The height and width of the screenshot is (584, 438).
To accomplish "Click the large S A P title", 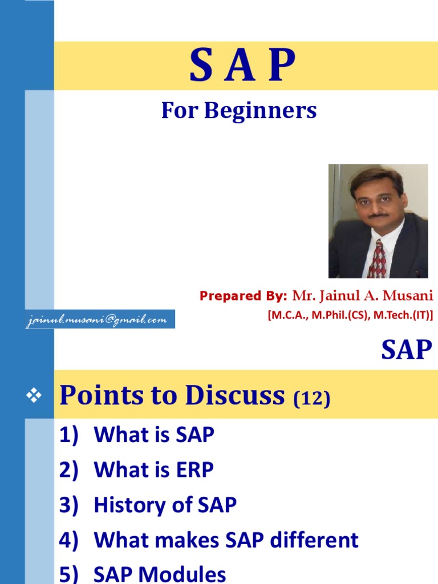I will click(242, 65).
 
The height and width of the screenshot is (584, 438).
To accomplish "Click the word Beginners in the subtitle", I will click(261, 111).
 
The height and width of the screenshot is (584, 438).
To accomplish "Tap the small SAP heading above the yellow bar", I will click(406, 350).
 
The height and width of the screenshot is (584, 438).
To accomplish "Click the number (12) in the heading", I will click(311, 399).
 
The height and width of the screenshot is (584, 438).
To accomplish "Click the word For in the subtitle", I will click(179, 111).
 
